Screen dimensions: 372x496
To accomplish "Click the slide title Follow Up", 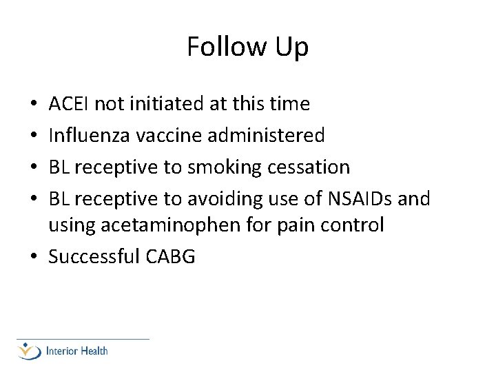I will click(247, 47).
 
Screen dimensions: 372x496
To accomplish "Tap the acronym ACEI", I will click(69, 104).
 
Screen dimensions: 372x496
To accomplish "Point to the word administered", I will click(265, 136).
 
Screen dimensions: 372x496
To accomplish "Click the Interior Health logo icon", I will click(30, 351).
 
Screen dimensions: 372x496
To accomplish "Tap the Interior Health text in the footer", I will click(76, 351).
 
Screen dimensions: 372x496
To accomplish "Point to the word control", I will click(356, 225).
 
